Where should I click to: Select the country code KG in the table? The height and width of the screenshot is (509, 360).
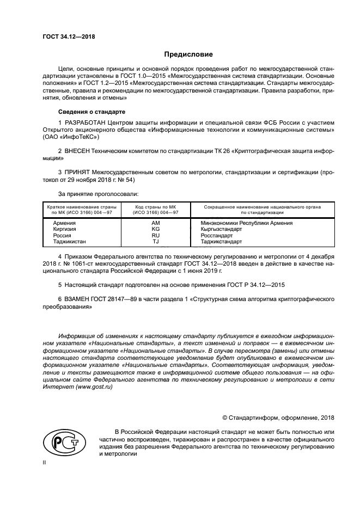[x=156, y=229]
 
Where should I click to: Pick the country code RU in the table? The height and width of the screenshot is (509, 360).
[x=156, y=235]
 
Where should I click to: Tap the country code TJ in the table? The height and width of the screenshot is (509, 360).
[x=156, y=241]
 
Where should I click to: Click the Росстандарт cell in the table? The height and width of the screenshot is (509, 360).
[x=217, y=235]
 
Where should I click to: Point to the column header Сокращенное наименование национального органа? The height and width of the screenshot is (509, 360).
[x=262, y=207]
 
